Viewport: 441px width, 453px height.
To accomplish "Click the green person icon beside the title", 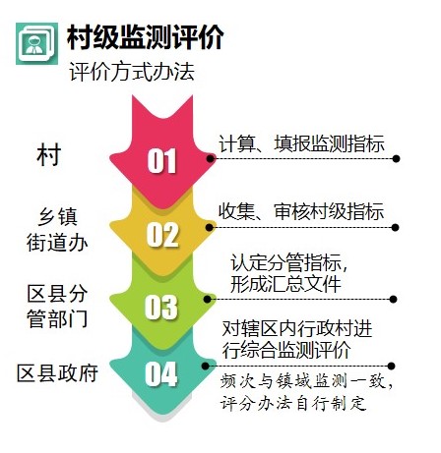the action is [x=36, y=43].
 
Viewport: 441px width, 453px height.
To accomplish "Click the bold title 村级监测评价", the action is [x=146, y=37].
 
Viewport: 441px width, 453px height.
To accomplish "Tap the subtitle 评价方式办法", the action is [x=132, y=71].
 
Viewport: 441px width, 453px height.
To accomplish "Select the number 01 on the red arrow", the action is [x=161, y=160].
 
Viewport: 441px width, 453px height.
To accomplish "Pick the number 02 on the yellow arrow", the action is [x=162, y=235].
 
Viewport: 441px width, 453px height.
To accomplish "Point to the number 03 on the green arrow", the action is [x=161, y=307].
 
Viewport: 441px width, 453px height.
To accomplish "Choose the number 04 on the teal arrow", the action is [x=161, y=373].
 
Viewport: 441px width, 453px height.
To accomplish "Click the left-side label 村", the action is [x=49, y=155].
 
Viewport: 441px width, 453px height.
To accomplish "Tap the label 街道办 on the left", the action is [x=57, y=243].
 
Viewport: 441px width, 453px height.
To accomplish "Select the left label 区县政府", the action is [x=58, y=372].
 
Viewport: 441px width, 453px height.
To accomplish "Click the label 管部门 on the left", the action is [x=57, y=318].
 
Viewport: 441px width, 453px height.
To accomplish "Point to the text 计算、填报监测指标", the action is [x=301, y=143].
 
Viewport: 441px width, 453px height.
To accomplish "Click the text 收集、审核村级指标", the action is [x=301, y=211].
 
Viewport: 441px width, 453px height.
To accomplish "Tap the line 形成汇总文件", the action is [x=286, y=284].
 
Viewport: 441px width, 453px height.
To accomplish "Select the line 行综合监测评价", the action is [x=286, y=350].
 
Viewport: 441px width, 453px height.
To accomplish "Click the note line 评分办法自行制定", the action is [x=293, y=403].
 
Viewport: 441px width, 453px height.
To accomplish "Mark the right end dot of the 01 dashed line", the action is [x=396, y=159].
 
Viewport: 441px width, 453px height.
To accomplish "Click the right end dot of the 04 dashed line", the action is [x=391, y=366].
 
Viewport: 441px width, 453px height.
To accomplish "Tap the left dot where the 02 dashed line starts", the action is [x=210, y=227].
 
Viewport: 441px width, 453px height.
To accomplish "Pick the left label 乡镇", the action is [x=58, y=216].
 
